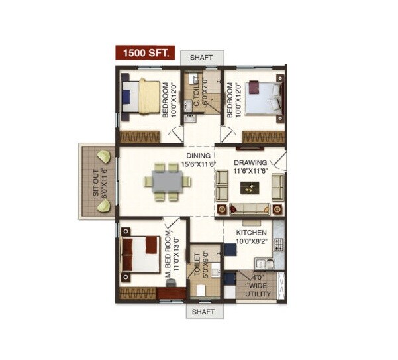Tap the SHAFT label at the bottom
tap(203, 311)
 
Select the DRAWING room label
tap(250, 163)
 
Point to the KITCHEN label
tap(252, 233)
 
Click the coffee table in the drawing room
tap(250, 188)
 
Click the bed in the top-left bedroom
tap(142, 96)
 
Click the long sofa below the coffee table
tap(250, 210)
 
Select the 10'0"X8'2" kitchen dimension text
tap(252, 243)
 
